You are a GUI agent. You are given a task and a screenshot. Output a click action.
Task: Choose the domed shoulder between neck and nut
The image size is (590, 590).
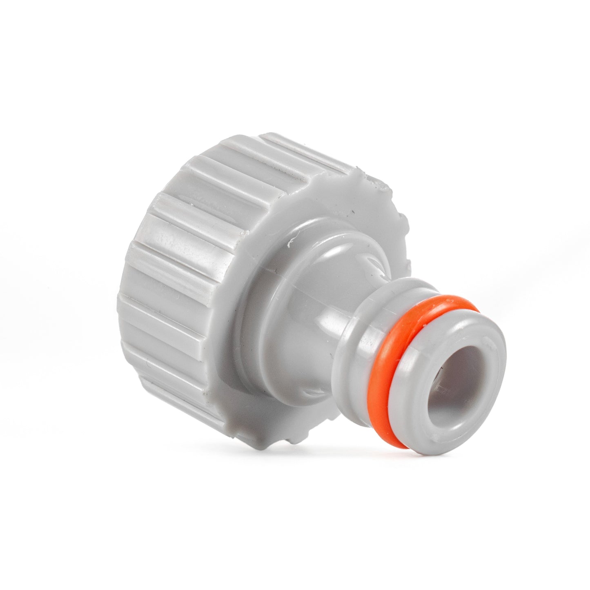point(286,286)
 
